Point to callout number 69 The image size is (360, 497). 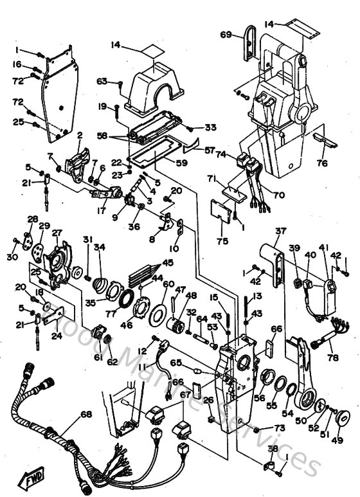pyautogui.click(x=226, y=34)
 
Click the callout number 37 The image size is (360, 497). pyautogui.click(x=280, y=231)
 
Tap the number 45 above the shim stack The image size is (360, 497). pyautogui.click(x=168, y=262)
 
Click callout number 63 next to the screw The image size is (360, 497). pyautogui.click(x=102, y=81)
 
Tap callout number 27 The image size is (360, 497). pyautogui.click(x=57, y=233)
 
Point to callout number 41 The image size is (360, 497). pyautogui.click(x=323, y=248)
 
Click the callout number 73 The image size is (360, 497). pyautogui.click(x=279, y=428)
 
